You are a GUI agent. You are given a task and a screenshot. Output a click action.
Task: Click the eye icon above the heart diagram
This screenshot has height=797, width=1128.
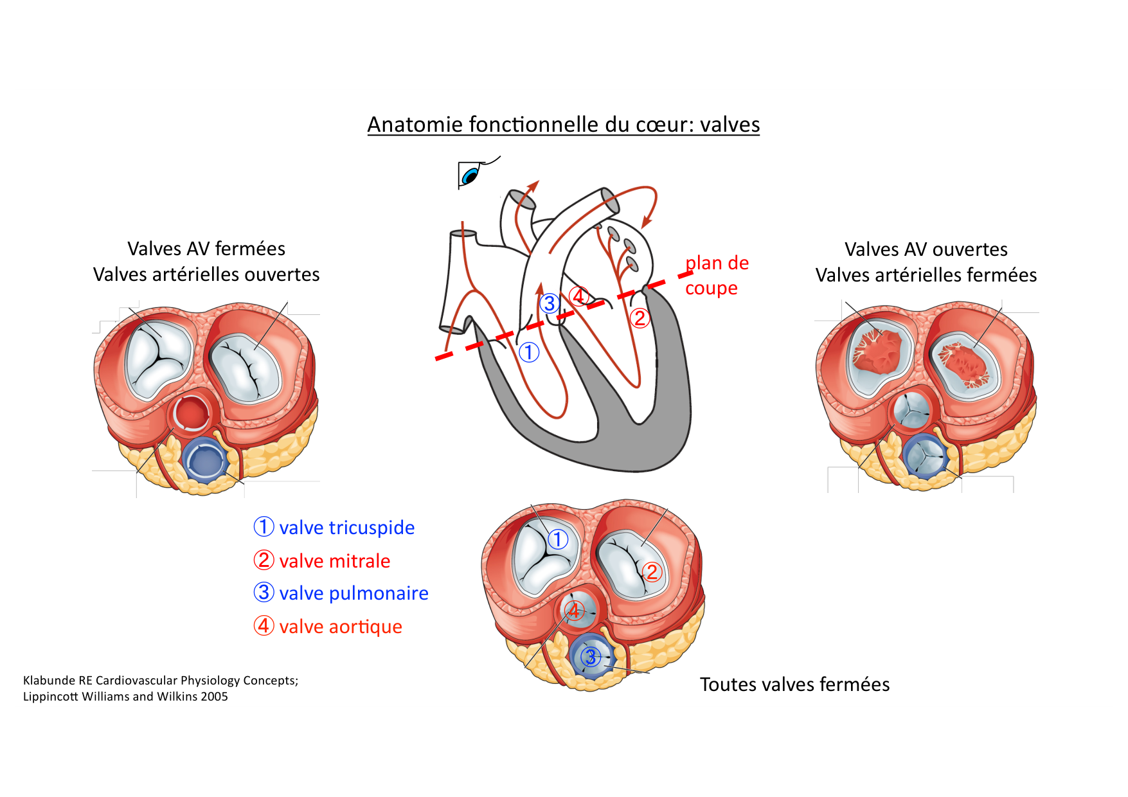pyautogui.click(x=470, y=174)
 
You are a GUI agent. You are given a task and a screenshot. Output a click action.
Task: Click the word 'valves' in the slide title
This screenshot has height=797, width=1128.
pyautogui.click(x=730, y=125)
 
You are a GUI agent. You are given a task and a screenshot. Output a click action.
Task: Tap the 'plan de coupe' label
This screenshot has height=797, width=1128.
pyautogui.click(x=716, y=275)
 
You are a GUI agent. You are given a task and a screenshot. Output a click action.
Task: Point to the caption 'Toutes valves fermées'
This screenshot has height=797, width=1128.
pyautogui.click(x=794, y=685)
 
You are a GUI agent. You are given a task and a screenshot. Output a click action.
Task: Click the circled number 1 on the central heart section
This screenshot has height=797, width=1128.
pyautogui.click(x=558, y=539)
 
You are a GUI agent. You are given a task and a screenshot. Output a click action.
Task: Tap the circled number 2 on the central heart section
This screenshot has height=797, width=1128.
pyautogui.click(x=652, y=571)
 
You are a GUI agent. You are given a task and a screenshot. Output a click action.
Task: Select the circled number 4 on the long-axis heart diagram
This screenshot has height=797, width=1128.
pyautogui.click(x=579, y=296)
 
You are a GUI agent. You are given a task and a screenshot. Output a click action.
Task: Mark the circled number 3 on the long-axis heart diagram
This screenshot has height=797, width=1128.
pyautogui.click(x=550, y=303)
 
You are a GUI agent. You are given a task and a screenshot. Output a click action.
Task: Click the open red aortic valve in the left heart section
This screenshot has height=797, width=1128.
pyautogui.click(x=191, y=413)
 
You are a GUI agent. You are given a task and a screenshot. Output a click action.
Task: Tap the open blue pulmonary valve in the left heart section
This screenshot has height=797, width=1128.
pyautogui.click(x=205, y=459)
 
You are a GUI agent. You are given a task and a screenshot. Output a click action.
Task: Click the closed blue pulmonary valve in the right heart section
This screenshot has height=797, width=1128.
pyautogui.click(x=926, y=456)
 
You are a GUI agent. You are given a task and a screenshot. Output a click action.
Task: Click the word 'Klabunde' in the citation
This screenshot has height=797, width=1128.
pyautogui.click(x=48, y=681)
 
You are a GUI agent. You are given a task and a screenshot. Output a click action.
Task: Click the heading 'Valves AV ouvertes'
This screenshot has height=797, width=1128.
pyautogui.click(x=926, y=249)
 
